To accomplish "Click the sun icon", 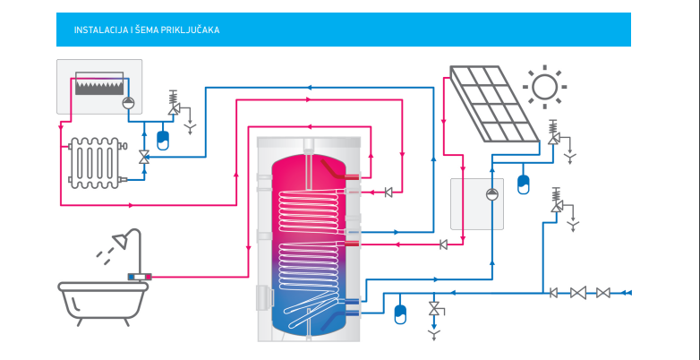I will [x=543, y=85].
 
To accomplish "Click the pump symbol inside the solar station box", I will [x=491, y=194].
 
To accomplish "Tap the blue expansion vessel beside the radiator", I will [x=163, y=140].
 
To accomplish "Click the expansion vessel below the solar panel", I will [x=525, y=184].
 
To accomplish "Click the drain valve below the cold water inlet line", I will [x=435, y=310].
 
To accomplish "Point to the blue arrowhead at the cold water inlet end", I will [x=627, y=292].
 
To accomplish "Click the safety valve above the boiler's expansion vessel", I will [x=175, y=105].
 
